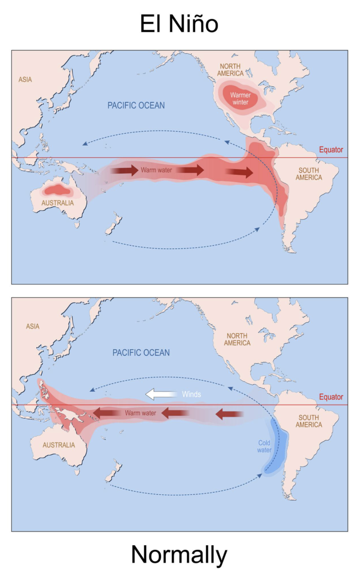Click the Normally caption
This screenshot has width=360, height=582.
coord(179,555)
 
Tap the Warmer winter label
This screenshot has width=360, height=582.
coord(240,98)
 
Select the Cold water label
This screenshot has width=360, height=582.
coord(264,446)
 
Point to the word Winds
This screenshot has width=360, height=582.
coord(191,394)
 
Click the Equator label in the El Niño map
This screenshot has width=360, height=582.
coord(331,150)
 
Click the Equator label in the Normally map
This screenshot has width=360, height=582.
coord(331,397)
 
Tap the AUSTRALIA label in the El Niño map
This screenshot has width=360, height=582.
coord(57,203)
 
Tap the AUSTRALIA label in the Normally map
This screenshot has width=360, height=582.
coord(58,445)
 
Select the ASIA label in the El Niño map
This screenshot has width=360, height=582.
coord(25,80)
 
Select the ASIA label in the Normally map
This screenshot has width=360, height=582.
coord(33,326)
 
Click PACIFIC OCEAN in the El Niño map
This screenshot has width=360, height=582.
coord(136,105)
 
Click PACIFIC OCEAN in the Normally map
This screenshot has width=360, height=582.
coord(141,352)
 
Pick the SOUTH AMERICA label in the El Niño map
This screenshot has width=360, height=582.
coord(309,174)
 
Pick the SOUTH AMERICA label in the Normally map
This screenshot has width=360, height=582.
coord(309,421)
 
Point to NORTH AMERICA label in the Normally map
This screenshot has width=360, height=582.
coord(237,339)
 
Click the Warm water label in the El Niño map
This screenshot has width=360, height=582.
coord(156,170)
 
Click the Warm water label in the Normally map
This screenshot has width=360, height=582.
coord(140,413)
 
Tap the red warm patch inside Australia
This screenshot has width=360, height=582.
coord(57,190)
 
